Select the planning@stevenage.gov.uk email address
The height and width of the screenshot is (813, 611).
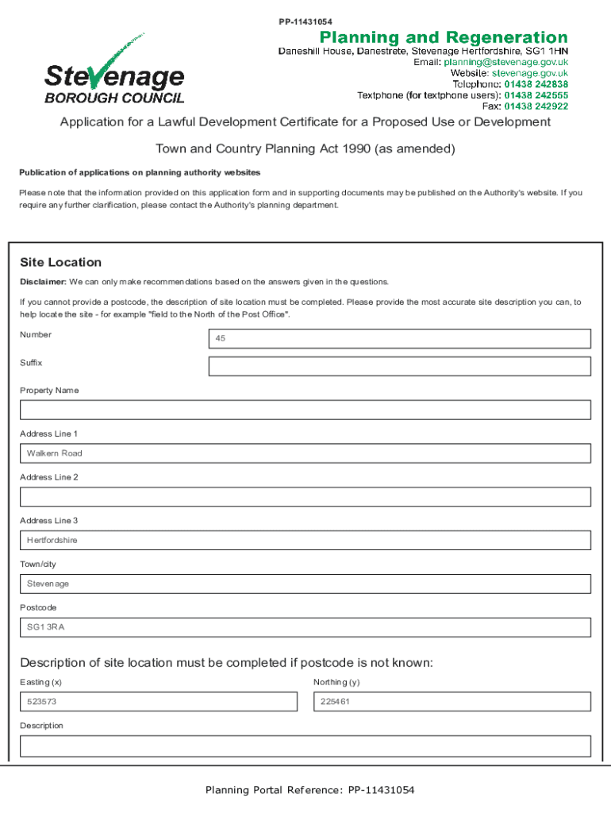[x=505, y=62]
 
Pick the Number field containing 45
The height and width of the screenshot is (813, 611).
[x=399, y=338]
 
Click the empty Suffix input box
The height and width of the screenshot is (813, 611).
[x=399, y=366]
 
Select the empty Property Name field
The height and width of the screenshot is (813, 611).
[x=305, y=410]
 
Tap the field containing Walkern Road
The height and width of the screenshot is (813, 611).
[x=305, y=453]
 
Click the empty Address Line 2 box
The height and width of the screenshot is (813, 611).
[x=305, y=497]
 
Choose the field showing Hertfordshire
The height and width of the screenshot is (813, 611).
[x=305, y=540]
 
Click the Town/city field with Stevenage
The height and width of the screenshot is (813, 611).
[x=305, y=584]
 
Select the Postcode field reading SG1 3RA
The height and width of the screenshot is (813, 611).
[x=305, y=627]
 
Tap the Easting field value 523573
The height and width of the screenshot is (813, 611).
[x=159, y=702]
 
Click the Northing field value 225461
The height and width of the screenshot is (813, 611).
[x=452, y=702]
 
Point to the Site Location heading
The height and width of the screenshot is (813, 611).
[x=61, y=263]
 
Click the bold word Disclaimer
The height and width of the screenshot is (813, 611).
[x=42, y=282]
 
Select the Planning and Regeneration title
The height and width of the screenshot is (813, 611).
[x=444, y=37]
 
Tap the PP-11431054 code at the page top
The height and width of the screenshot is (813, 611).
[x=305, y=21]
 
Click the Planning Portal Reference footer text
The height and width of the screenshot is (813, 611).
[x=310, y=790]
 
